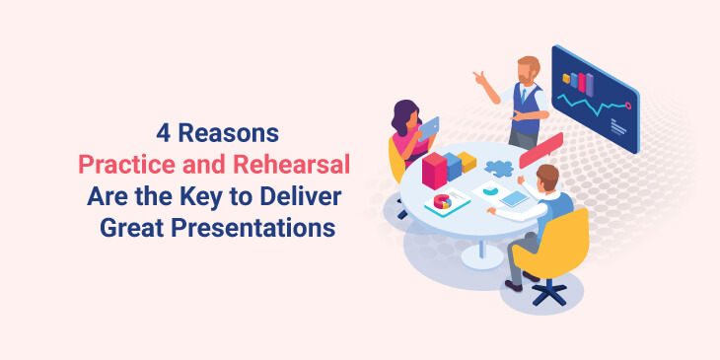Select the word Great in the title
click(x=135, y=228)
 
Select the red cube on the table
click(x=434, y=171)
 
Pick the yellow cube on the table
click(x=467, y=161)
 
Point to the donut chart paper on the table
click(x=446, y=201)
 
